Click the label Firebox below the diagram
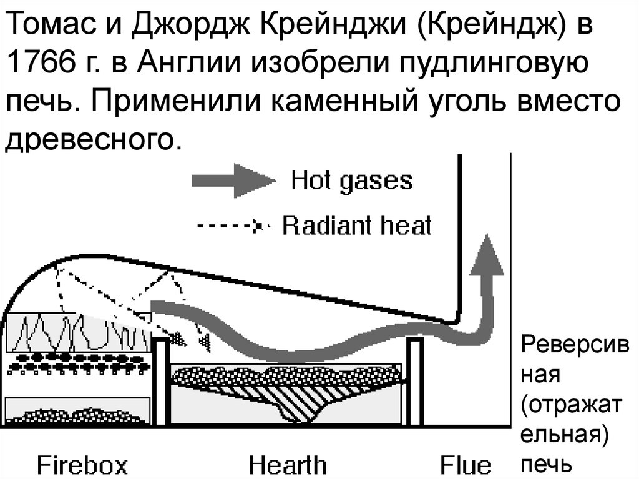click(x=83, y=465)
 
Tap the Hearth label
click(x=287, y=465)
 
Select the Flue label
click(x=465, y=465)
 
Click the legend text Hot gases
click(x=352, y=181)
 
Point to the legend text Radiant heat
click(x=357, y=225)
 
